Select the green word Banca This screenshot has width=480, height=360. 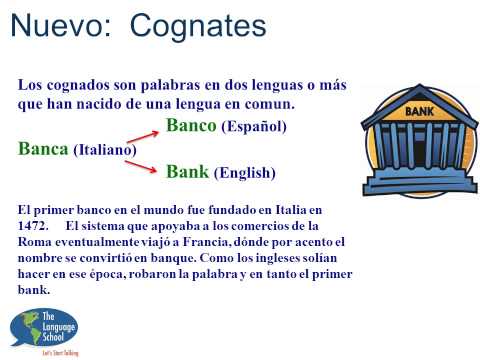click(43, 148)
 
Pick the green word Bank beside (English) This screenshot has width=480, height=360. click(187, 171)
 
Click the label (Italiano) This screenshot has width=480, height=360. click(104, 149)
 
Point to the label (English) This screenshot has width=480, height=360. click(244, 172)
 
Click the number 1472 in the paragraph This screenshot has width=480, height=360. click(36, 226)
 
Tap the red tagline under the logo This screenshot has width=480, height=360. click(60, 352)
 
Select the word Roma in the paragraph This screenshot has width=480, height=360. click(36, 241)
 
